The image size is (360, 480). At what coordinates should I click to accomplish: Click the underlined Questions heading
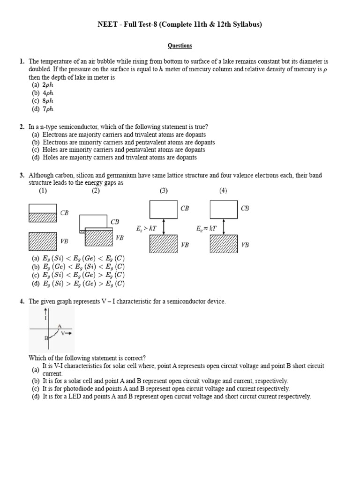pyautogui.click(x=180, y=46)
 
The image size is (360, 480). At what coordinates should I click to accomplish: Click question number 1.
pyautogui.click(x=22, y=61)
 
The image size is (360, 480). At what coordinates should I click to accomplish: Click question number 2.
pyautogui.click(x=22, y=127)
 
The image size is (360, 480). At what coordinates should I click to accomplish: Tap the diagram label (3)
pyautogui.click(x=164, y=191)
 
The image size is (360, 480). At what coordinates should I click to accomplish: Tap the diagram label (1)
pyautogui.click(x=43, y=191)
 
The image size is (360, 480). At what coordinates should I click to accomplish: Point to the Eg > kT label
pyautogui.click(x=143, y=229)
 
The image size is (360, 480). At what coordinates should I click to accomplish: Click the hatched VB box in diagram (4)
pyautogui.click(x=224, y=245)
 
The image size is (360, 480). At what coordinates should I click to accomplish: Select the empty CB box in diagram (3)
pyautogui.click(x=163, y=209)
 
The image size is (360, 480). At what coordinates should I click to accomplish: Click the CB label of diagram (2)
pyautogui.click(x=115, y=222)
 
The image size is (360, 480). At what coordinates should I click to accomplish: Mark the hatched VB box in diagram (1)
pyautogui.click(x=43, y=242)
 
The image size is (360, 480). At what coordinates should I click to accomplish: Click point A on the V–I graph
pyautogui.click(x=60, y=327)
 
